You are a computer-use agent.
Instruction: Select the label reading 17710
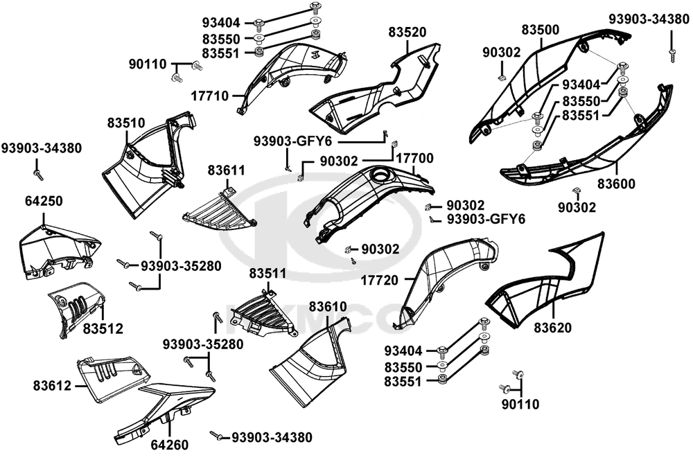pos(210,96)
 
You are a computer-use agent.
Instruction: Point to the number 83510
pos(126,123)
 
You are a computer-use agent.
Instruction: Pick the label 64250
pos(44,202)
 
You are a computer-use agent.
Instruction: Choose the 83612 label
pos(52,384)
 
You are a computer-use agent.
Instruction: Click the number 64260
pos(169,444)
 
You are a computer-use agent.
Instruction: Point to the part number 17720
pos(379,281)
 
